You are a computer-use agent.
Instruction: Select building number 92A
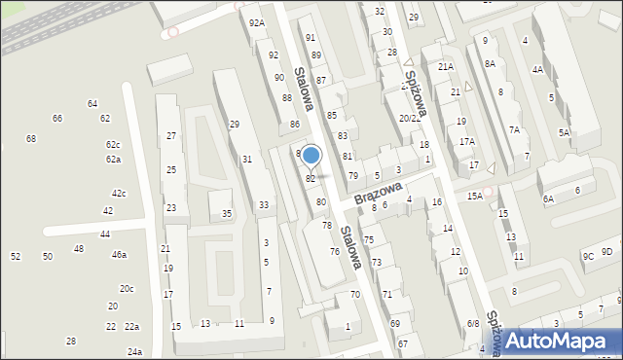(257, 22)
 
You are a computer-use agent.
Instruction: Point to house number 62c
(113, 144)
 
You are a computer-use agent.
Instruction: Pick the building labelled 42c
(119, 194)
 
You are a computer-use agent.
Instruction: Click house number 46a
(119, 255)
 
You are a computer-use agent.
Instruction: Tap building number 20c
(127, 289)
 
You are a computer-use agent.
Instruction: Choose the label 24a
(134, 351)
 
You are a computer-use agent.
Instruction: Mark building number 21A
(446, 66)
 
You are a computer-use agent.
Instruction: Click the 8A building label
(490, 62)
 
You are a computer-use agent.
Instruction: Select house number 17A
(467, 142)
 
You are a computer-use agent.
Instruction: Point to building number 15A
(474, 196)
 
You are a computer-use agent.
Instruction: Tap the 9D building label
(607, 252)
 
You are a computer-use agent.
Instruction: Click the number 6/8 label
(473, 324)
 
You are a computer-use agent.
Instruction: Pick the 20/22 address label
(410, 118)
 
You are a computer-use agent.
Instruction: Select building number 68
(31, 139)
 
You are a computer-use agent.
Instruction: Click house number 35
(227, 214)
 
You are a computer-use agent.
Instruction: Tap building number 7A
(514, 129)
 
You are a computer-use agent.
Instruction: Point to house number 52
(16, 256)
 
